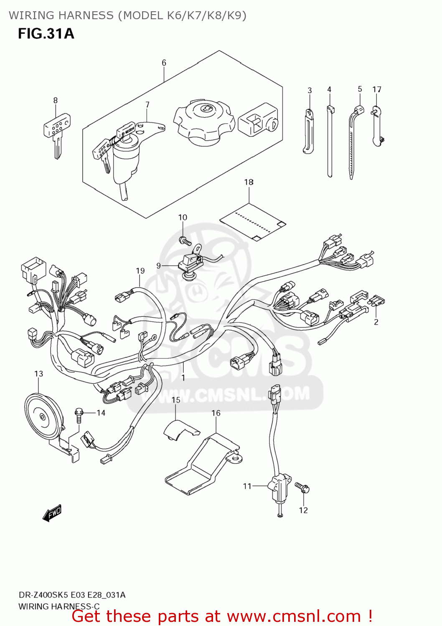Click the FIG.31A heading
pos(46,33)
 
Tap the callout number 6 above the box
pos(164,63)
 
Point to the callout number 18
pos(249,182)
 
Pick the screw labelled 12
pos(302,487)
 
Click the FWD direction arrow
pos(52,513)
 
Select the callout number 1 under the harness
pos(183,378)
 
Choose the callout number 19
pos(140,271)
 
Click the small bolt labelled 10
pos(184,241)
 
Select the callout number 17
pos(377,89)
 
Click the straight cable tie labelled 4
pos(330,142)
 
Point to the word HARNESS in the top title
pos(86,15)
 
